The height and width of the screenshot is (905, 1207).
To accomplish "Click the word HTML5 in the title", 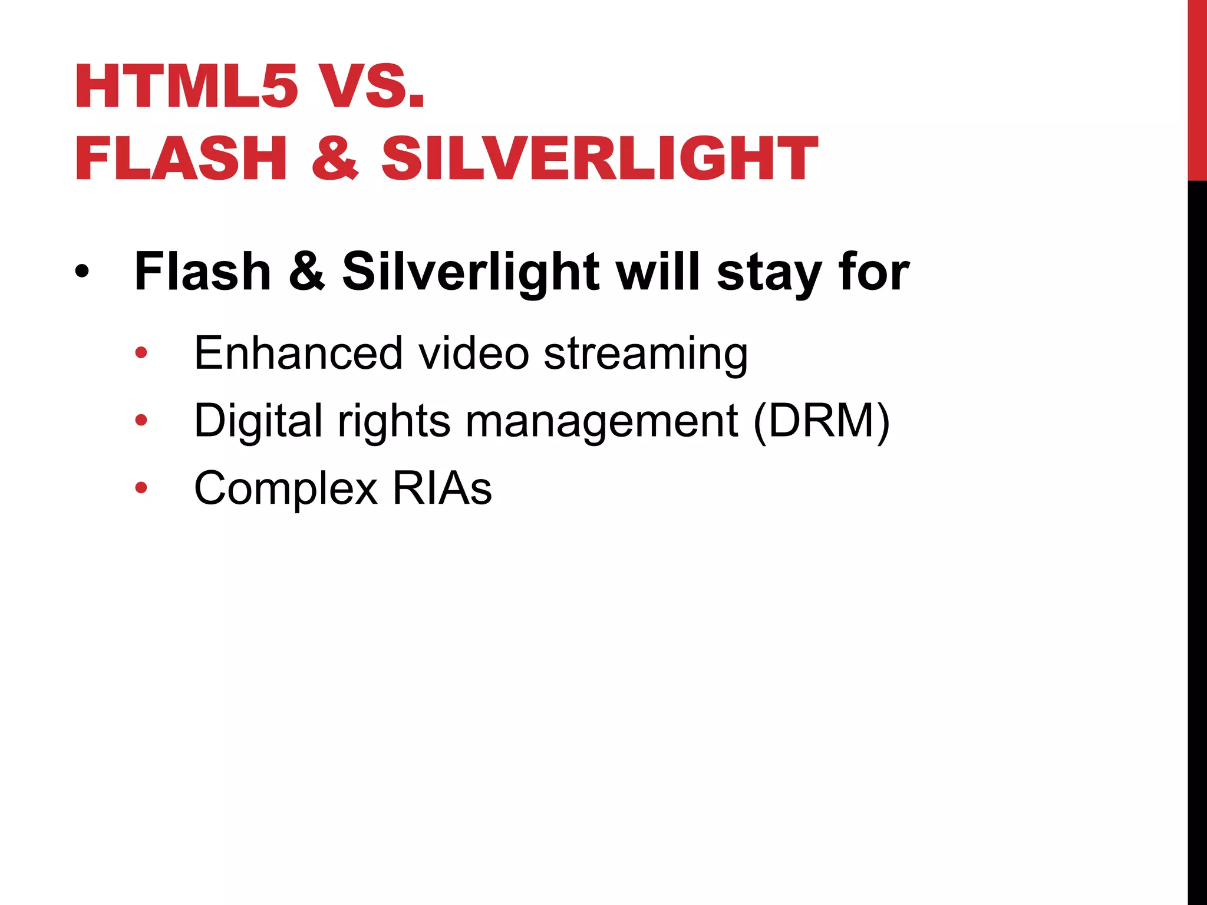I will pyautogui.click(x=186, y=87).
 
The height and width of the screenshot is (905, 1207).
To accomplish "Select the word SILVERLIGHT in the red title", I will pyautogui.click(x=599, y=158).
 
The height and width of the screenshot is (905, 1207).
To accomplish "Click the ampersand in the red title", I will pyautogui.click(x=335, y=158).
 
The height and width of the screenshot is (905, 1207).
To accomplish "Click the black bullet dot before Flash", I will pyautogui.click(x=83, y=272).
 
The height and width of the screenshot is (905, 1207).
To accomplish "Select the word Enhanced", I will pyautogui.click(x=298, y=353).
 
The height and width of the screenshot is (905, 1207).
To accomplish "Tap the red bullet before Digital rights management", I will pyautogui.click(x=141, y=420).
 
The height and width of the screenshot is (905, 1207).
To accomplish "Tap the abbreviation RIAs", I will pyautogui.click(x=442, y=488).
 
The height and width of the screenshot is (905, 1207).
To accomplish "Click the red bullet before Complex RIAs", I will pyautogui.click(x=141, y=487).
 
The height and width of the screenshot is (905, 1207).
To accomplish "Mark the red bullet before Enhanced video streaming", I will pyautogui.click(x=141, y=353).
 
